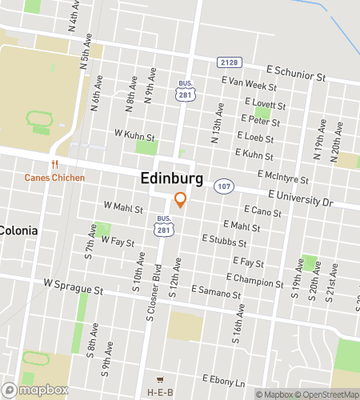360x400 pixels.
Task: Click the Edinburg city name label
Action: point(171,178)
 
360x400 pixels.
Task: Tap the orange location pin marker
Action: point(181,200)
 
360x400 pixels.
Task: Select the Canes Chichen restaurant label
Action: point(54,177)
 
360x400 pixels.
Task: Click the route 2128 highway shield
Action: point(228,62)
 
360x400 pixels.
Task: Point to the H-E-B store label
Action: point(161,392)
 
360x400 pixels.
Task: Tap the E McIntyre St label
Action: point(282,174)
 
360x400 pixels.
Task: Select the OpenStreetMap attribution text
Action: point(328,394)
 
